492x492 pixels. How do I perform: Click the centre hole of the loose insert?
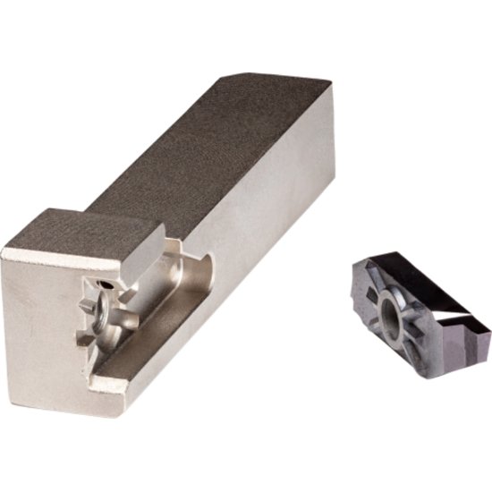pos(394,313)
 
